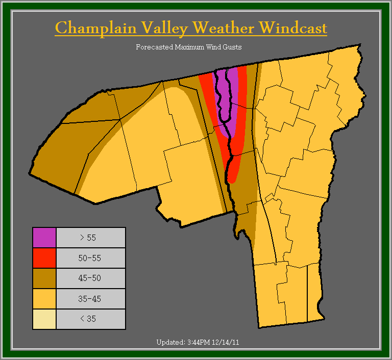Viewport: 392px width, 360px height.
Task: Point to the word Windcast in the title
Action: tap(292, 28)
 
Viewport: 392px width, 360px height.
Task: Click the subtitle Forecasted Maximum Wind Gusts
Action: tap(189, 47)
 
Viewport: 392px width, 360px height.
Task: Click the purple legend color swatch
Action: tap(44, 238)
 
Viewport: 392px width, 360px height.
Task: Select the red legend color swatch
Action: tap(44, 258)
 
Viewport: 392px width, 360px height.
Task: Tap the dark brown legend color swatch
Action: tap(44, 278)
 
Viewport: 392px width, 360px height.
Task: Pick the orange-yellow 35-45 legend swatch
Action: tap(44, 299)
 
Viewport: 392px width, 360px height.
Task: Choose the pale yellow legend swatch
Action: tap(44, 319)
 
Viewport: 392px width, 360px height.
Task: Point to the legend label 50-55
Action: tap(90, 258)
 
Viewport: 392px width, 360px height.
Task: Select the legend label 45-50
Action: tap(90, 278)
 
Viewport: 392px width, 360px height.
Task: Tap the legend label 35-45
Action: tap(90, 299)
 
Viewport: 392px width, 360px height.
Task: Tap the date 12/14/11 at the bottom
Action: tap(225, 342)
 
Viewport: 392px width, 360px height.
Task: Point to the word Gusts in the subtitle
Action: tap(232, 47)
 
